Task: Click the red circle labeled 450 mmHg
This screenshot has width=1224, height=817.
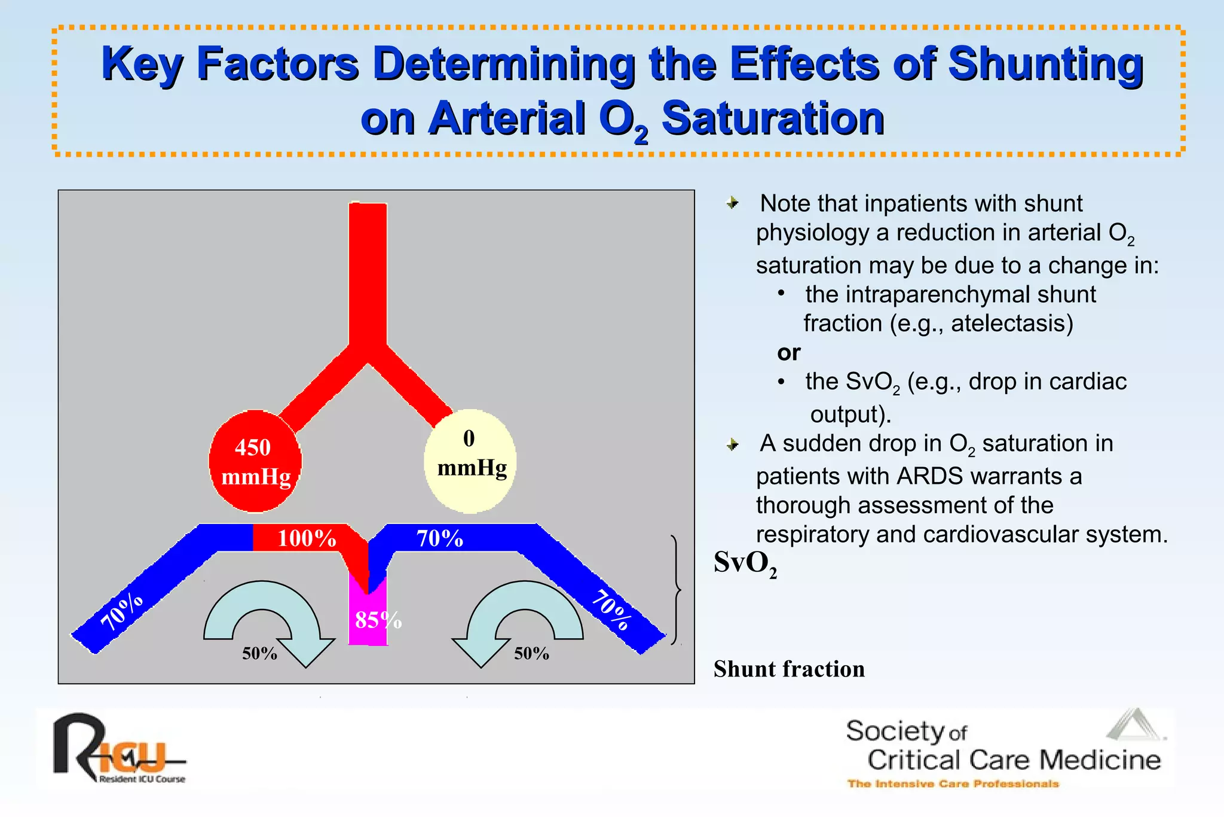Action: tap(255, 461)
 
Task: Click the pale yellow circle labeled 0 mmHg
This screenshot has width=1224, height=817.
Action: tap(470, 461)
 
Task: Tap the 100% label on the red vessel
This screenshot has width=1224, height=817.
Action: tap(307, 538)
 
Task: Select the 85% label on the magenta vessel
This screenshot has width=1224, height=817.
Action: tap(377, 620)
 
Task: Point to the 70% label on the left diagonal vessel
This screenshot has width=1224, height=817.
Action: tap(121, 612)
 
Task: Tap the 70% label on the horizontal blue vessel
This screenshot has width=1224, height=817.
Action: tap(440, 538)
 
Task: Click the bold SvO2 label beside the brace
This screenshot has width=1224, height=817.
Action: tap(745, 563)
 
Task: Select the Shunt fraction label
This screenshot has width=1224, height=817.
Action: tap(789, 669)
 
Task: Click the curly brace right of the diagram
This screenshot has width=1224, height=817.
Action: tap(676, 590)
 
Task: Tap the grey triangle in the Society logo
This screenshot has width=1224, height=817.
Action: tap(1134, 725)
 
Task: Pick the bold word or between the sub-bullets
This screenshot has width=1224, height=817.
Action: tap(788, 353)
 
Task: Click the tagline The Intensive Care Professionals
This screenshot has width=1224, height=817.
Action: tap(953, 784)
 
